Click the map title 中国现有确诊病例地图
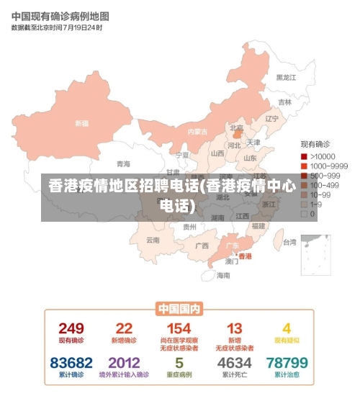(60, 15)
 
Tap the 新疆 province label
(81, 123)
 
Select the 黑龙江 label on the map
(286, 77)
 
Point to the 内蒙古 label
(197, 131)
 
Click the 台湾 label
(289, 242)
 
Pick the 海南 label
(223, 275)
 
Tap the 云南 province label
(153, 240)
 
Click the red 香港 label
(245, 256)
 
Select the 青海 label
(124, 163)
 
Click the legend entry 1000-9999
(328, 166)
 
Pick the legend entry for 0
(312, 213)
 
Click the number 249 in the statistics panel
(71, 329)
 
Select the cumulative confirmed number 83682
(71, 362)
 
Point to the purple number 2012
(124, 362)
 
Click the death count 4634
(234, 362)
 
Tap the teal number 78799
(287, 362)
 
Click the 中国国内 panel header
(179, 308)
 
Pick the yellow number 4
(287, 329)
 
